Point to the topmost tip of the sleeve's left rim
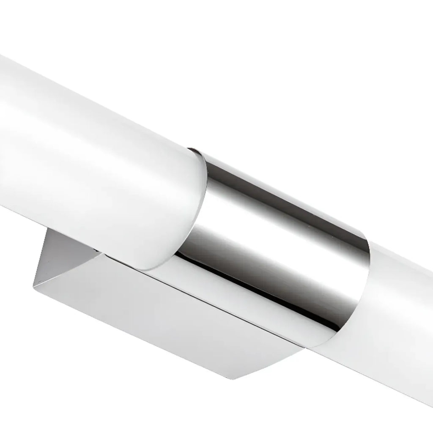click(x=193, y=149)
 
